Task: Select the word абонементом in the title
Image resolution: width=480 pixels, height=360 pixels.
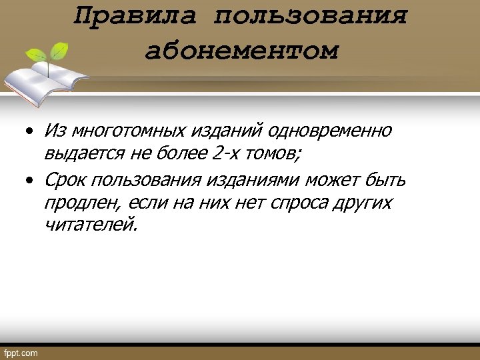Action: point(241,51)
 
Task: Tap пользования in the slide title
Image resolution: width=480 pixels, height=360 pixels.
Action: point(310,16)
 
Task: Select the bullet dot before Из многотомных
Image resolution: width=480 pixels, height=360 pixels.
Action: point(30,131)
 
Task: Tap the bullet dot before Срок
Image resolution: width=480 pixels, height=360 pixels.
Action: point(30,181)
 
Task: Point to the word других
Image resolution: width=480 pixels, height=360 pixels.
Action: point(367,203)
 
